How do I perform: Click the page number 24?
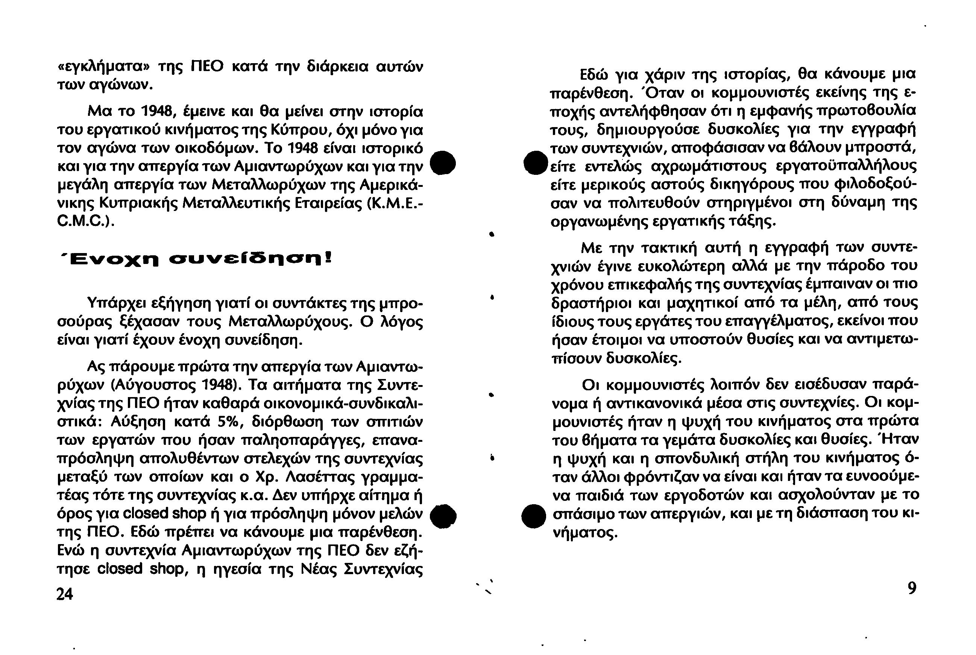point(65,594)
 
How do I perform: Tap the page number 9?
point(912,588)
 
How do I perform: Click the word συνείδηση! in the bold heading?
point(249,259)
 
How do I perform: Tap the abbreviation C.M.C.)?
point(86,221)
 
